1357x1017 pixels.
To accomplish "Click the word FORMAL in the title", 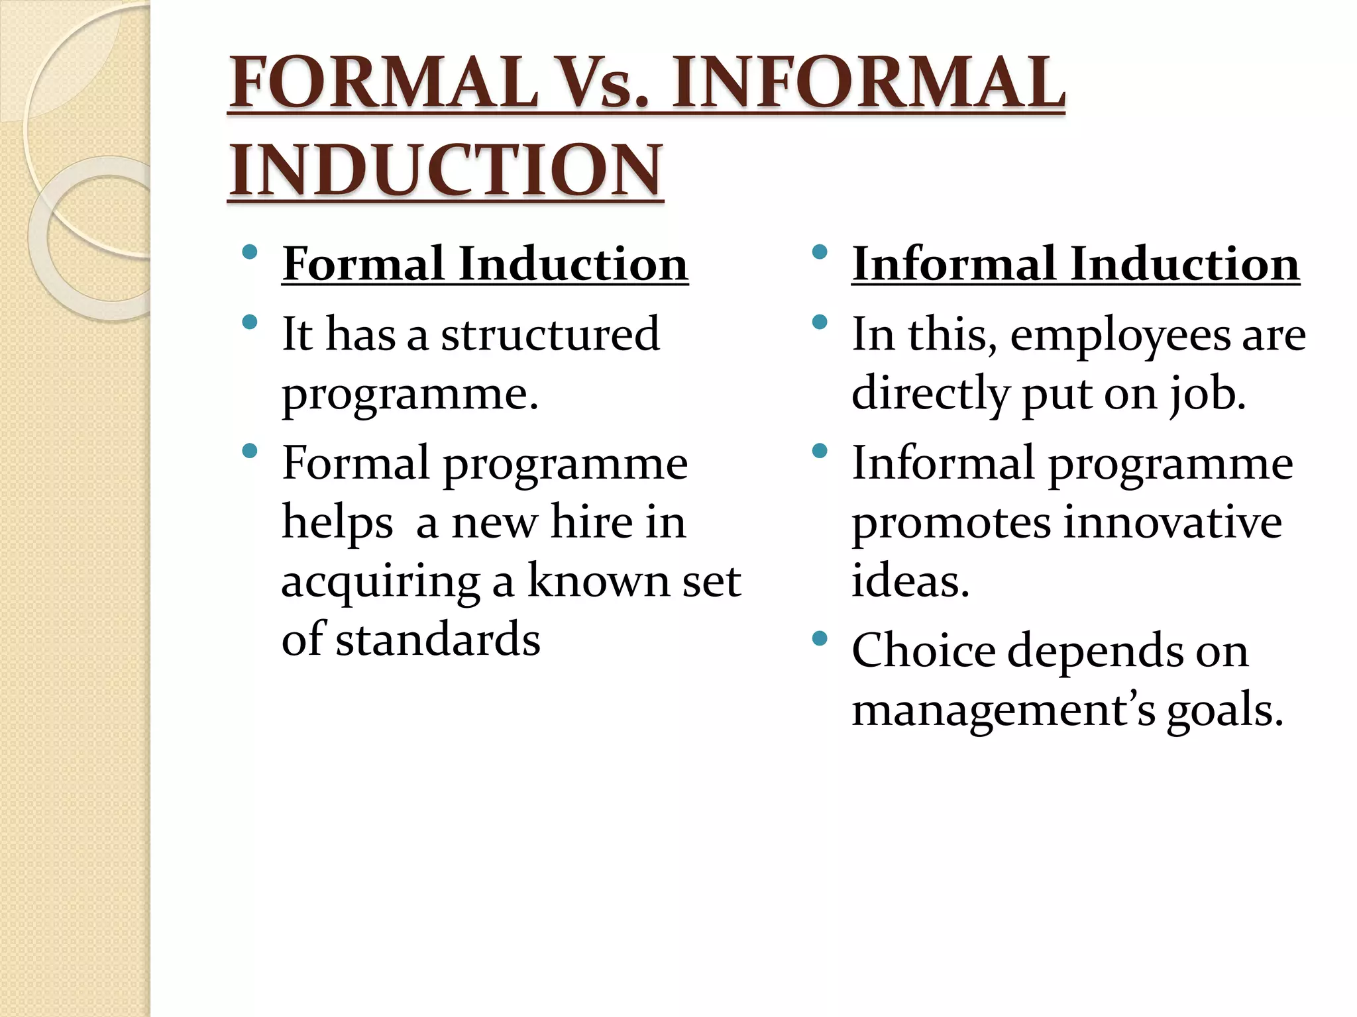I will (383, 83).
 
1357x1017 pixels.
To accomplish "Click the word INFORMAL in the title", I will (868, 83).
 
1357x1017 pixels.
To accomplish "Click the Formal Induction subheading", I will (485, 264).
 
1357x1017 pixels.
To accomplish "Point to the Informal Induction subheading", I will (1075, 264).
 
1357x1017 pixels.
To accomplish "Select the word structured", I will (550, 334).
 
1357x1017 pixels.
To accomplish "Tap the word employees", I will (1120, 335).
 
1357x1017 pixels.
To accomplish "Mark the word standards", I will (437, 640).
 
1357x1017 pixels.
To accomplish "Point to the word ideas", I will (910, 581).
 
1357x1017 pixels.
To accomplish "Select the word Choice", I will (923, 650).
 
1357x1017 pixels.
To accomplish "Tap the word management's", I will (1003, 710).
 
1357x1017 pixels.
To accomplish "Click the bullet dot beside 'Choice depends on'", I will (820, 638).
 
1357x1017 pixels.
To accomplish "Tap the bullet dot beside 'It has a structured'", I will (250, 322).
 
